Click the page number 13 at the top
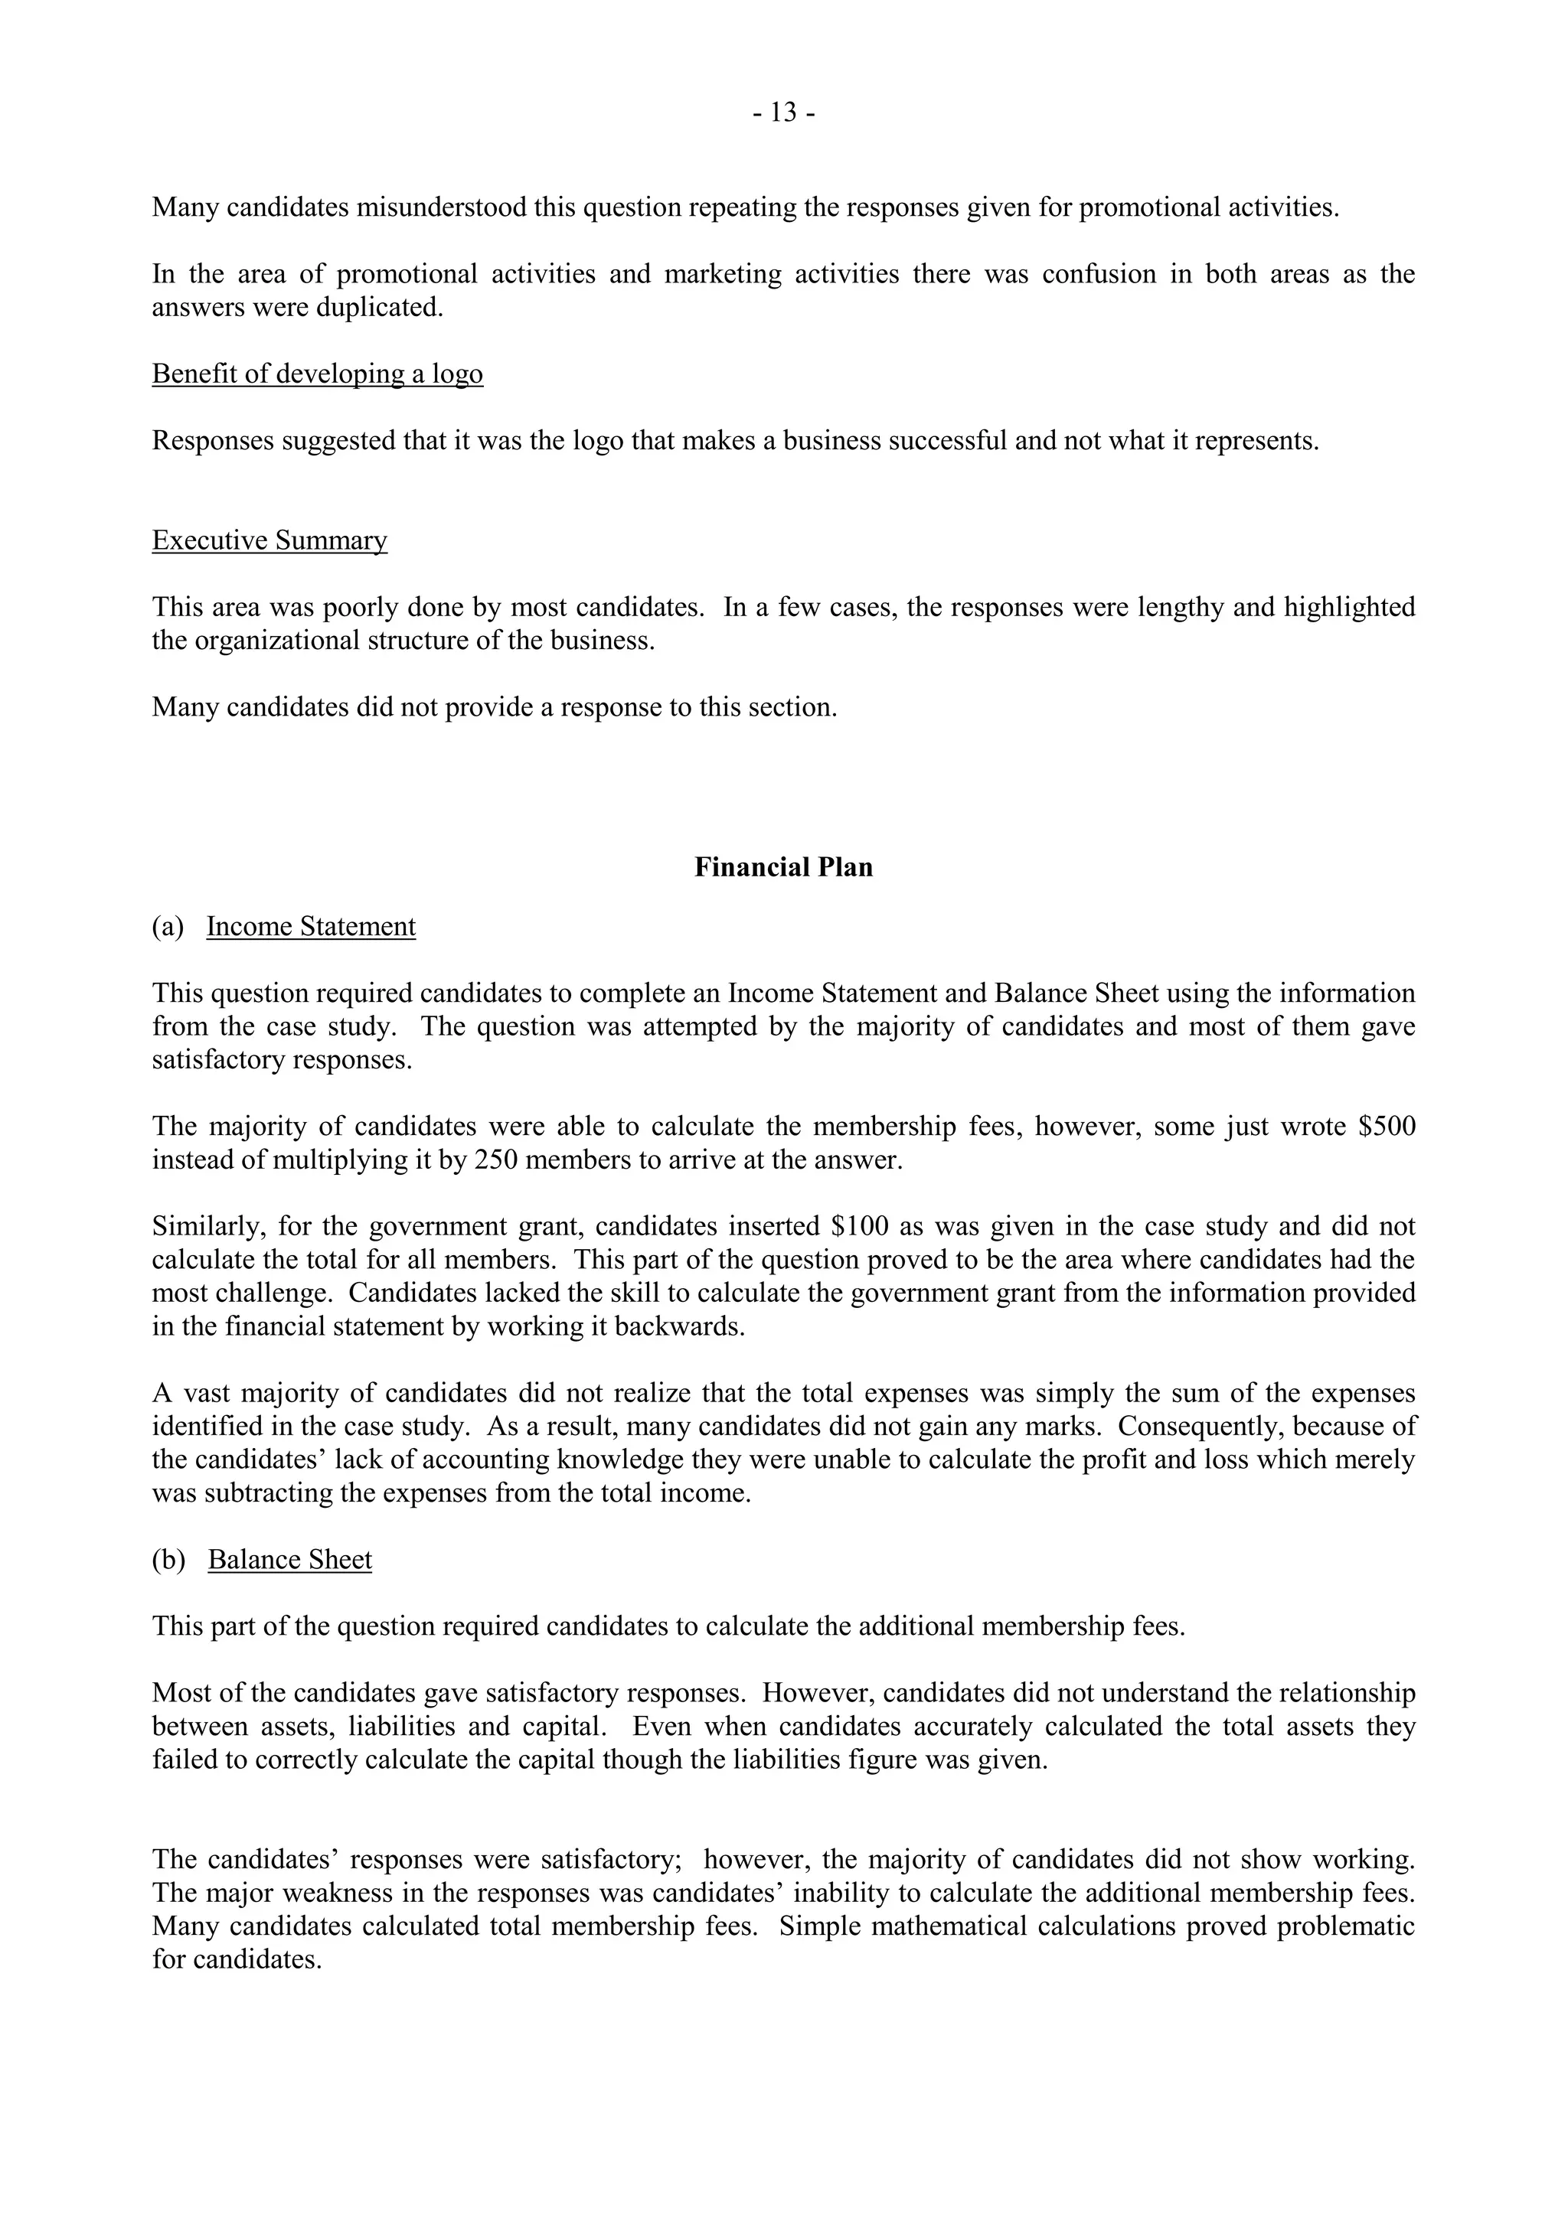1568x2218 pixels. tap(783, 113)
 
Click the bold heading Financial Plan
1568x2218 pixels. tap(783, 867)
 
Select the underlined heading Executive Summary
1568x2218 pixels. tap(269, 540)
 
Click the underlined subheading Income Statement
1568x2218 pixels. tap(311, 926)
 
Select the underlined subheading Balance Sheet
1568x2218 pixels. tap(290, 1560)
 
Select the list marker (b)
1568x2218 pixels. tap(168, 1560)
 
